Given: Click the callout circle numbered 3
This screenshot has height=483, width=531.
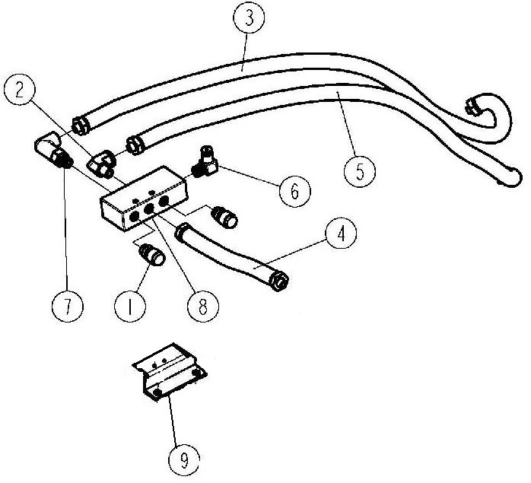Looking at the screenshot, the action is point(249,18).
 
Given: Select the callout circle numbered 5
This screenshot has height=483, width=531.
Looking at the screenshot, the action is point(360,171).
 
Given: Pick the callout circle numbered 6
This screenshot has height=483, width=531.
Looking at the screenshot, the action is point(295,192).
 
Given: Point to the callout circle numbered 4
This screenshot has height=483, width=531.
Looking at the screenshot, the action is point(341,234).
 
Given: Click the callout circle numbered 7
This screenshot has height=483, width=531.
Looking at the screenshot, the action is point(68,307).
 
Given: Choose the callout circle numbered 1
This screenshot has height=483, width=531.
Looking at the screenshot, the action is point(130,307).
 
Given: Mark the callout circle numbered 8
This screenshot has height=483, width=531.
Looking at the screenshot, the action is point(203,307).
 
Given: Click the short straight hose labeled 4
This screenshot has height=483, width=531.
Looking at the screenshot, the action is point(231,255).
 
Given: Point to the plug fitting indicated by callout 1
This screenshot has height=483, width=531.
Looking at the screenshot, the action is point(151,254).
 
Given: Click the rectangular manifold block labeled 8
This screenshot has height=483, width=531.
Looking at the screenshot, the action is point(143,199).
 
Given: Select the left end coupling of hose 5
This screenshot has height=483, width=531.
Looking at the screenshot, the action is point(135,145).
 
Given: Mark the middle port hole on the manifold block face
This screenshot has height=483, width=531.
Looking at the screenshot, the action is point(149,211).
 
